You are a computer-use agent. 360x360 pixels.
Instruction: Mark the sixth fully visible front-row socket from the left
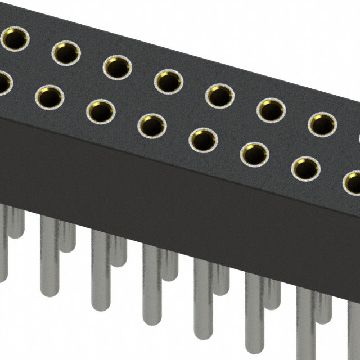(305, 168)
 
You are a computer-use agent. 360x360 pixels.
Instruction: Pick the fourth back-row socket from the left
(168, 82)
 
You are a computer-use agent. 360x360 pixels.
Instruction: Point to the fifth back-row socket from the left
(219, 96)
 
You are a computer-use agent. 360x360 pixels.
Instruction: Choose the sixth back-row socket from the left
(271, 110)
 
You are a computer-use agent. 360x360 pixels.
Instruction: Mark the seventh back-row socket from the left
(321, 124)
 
